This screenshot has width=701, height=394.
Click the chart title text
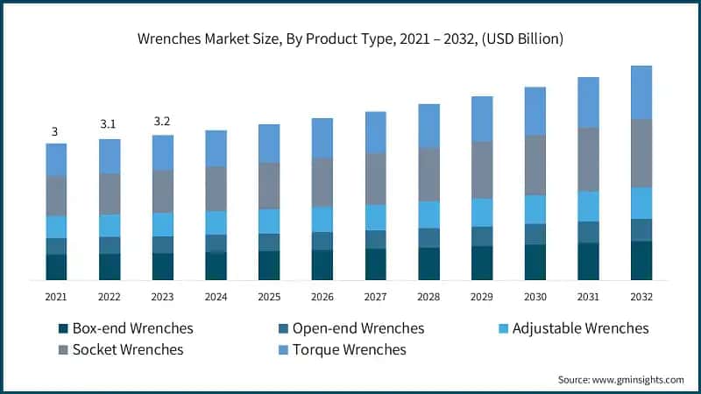[350, 39]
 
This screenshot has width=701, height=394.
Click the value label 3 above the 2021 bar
[54, 131]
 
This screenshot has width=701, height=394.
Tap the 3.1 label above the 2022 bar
[109, 124]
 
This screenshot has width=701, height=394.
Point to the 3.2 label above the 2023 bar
[162, 121]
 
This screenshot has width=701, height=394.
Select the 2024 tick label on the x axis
[216, 297]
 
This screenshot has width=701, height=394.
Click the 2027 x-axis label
[376, 297]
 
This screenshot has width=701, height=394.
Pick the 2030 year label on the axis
[535, 297]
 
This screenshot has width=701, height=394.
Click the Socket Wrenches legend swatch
[63, 350]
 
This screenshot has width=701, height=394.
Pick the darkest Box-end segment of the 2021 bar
[56, 267]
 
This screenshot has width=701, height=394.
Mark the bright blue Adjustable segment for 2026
[322, 219]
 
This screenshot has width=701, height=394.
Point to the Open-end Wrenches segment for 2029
[482, 236]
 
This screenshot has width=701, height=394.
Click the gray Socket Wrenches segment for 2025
[269, 186]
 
